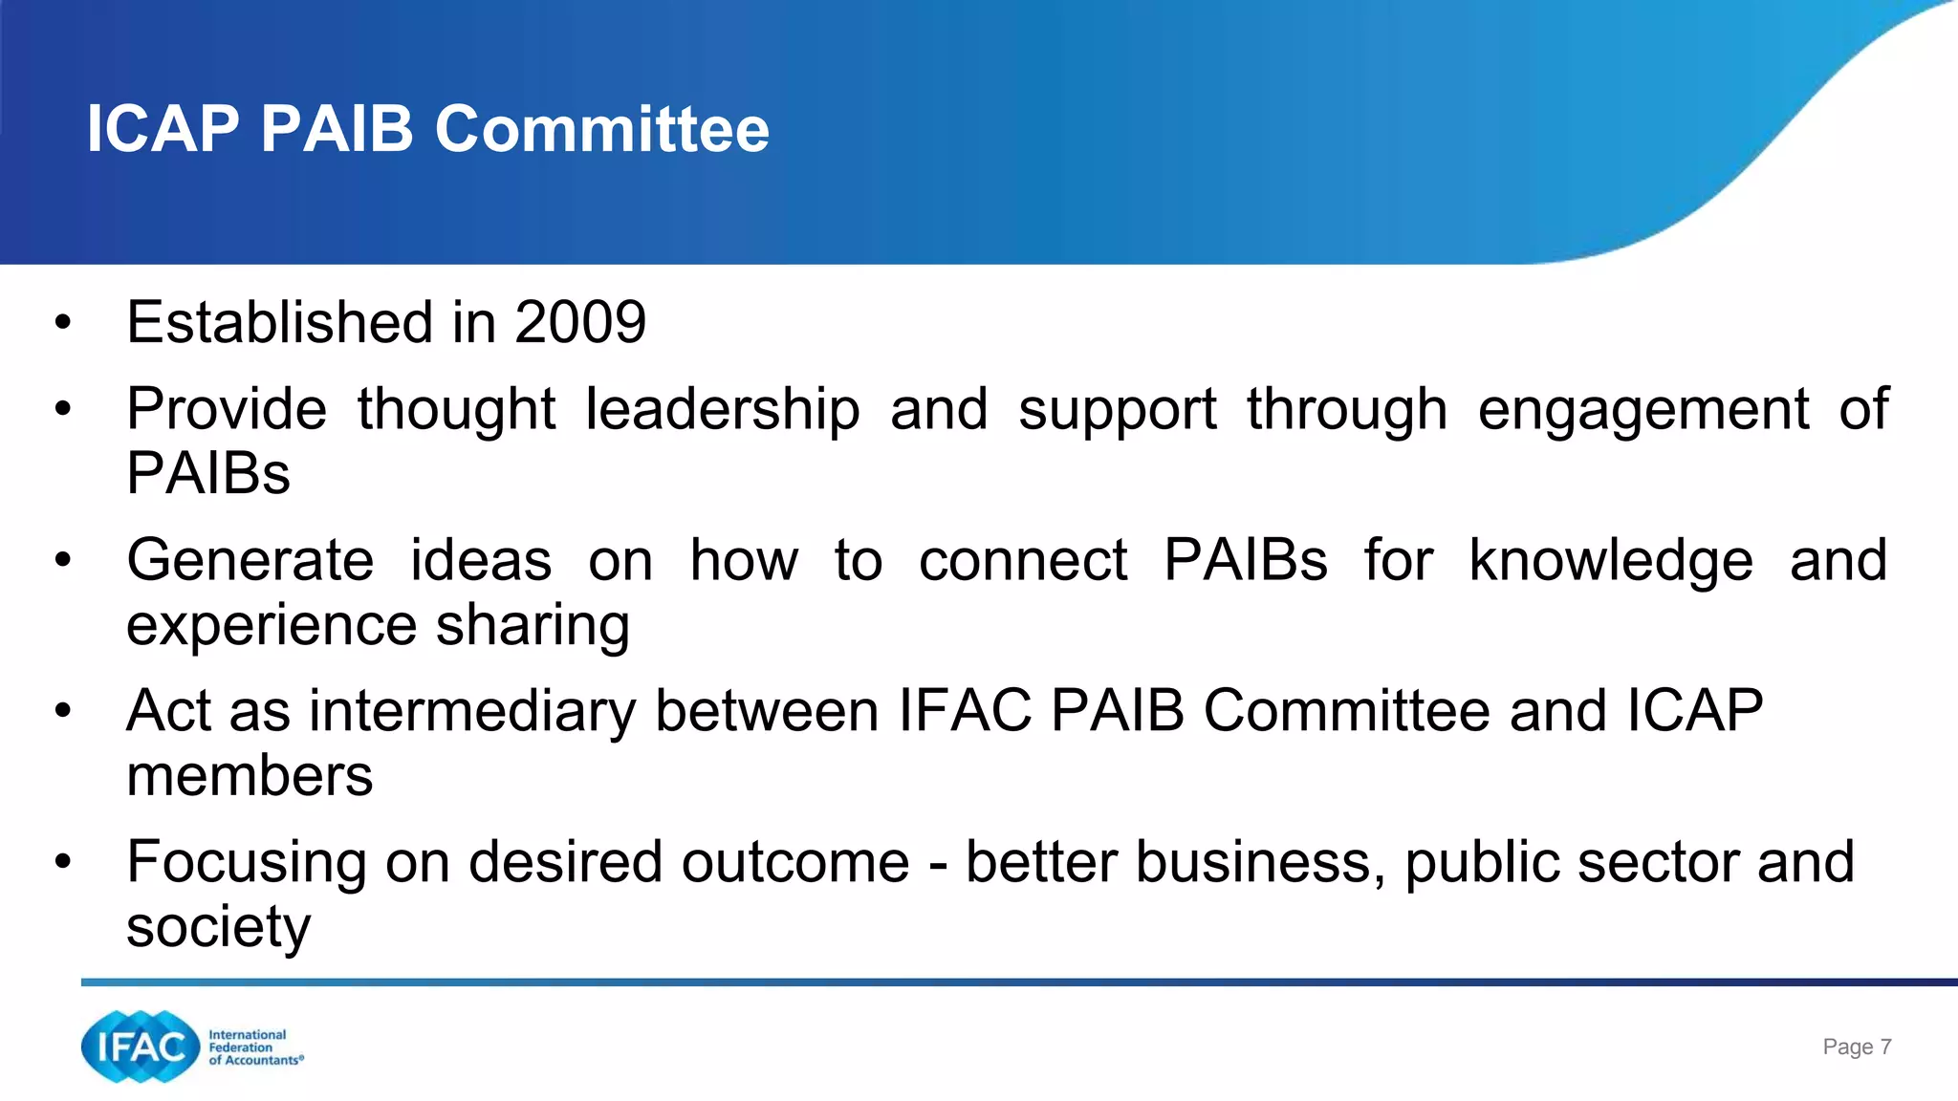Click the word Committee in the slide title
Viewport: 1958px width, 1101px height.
pyautogui.click(x=602, y=129)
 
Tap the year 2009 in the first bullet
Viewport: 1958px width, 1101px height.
pyautogui.click(x=580, y=322)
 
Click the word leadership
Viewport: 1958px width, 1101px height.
pyautogui.click(x=722, y=410)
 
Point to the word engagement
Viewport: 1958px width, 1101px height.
pyautogui.click(x=1643, y=410)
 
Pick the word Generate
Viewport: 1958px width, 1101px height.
pyautogui.click(x=250, y=560)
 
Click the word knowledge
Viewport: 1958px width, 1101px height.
pyautogui.click(x=1611, y=560)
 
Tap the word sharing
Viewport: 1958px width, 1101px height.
pyautogui.click(x=533, y=625)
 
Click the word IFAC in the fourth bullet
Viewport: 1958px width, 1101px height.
pyautogui.click(x=965, y=711)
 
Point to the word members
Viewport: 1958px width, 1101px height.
pyautogui.click(x=250, y=775)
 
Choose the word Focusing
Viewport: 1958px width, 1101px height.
pyautogui.click(x=247, y=862)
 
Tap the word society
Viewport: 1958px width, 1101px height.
pyautogui.click(x=219, y=927)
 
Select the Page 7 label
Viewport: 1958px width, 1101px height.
pyautogui.click(x=1857, y=1047)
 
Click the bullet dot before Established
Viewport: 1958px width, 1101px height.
pyautogui.click(x=63, y=322)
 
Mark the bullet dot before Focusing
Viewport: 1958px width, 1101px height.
pyautogui.click(x=63, y=862)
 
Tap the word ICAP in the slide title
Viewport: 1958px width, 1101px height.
pyautogui.click(x=163, y=129)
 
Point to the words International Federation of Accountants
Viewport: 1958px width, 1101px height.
pyautogui.click(x=255, y=1047)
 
